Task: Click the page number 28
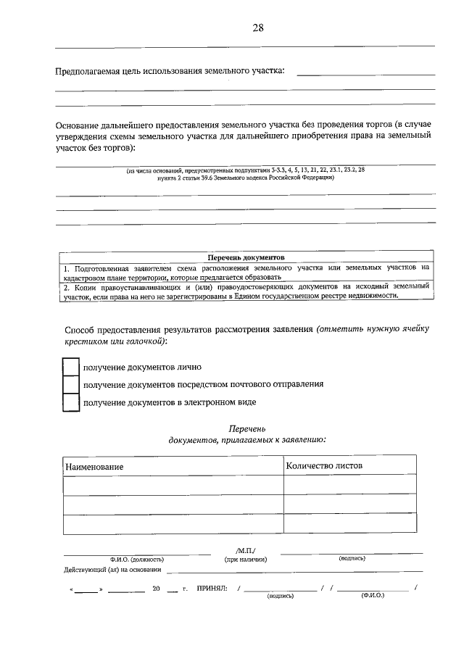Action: [257, 28]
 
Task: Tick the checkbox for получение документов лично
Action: [70, 368]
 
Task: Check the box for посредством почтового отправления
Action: [70, 385]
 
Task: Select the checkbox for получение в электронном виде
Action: [70, 402]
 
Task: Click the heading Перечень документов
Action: [246, 257]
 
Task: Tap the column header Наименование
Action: [94, 467]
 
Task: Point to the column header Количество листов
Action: [324, 465]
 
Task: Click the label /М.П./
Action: [246, 550]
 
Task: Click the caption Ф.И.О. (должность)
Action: [137, 560]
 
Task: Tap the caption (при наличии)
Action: [246, 560]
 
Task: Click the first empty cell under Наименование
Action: [173, 485]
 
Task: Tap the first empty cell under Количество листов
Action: [349, 485]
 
